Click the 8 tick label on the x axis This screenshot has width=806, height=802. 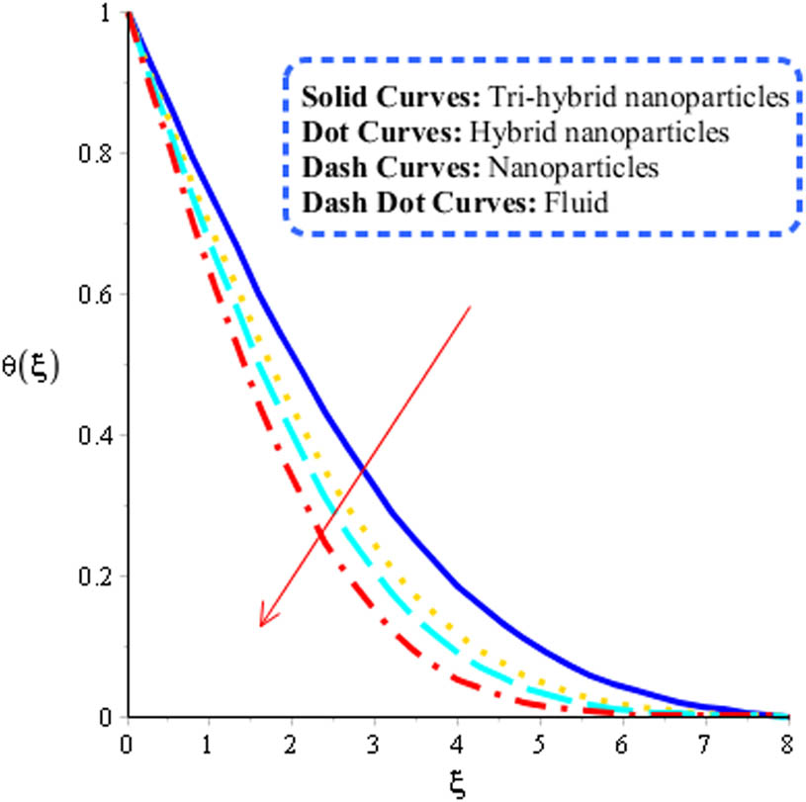(x=786, y=741)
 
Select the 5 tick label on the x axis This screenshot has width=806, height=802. (x=539, y=741)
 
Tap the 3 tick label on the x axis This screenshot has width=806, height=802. (x=374, y=741)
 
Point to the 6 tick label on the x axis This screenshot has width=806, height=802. (x=622, y=741)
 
